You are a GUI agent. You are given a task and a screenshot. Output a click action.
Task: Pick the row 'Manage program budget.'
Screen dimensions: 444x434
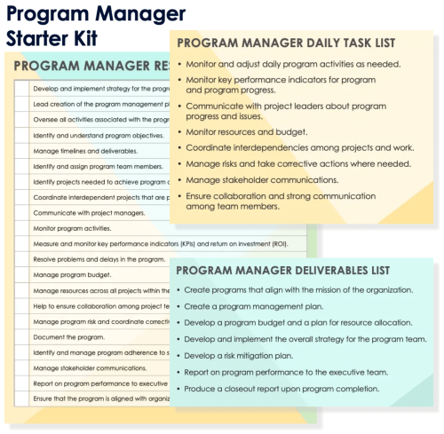click(76, 275)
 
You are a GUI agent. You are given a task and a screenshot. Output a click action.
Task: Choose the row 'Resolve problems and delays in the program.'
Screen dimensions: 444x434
click(98, 259)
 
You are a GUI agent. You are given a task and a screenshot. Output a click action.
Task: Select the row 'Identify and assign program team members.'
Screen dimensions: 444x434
click(98, 166)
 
